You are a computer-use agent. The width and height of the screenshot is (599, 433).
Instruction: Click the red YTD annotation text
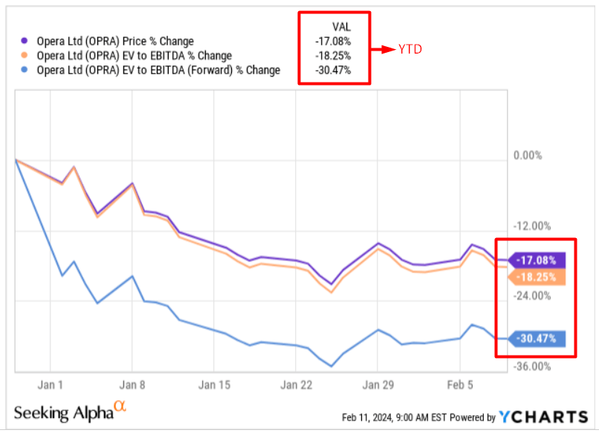point(409,50)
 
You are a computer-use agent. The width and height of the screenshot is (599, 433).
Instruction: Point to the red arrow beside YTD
point(382,50)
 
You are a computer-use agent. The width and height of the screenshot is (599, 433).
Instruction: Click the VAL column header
point(341,27)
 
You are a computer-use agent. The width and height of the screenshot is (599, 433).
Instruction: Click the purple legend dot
point(26,41)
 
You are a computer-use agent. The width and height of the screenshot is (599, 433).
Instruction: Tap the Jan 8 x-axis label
point(132,385)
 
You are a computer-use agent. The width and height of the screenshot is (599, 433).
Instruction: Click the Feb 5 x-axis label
point(459,385)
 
